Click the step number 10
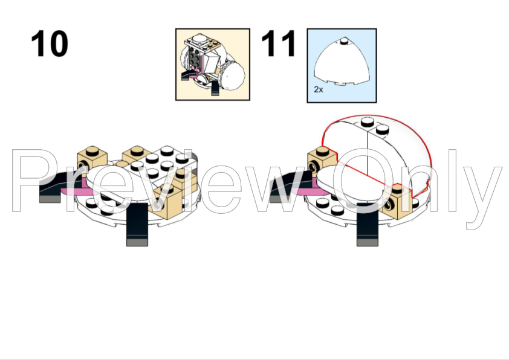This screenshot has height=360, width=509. tap(50, 43)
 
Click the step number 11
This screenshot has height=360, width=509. tap(278, 43)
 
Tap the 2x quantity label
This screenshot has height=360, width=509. tap(319, 89)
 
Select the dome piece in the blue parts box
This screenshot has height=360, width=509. tap(342, 62)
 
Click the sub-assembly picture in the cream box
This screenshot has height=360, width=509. tap(213, 65)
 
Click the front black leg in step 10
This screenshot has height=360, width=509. tap(137, 225)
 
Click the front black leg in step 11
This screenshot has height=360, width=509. tap(368, 225)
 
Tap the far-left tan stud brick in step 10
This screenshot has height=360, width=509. tap(92, 159)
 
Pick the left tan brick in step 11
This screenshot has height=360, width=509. tap(322, 160)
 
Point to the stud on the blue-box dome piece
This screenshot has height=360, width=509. tap(344, 40)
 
